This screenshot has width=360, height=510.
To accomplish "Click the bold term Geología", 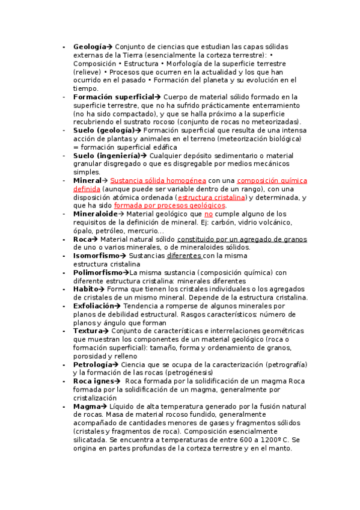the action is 90,46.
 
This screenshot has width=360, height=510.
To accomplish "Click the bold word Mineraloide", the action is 96,214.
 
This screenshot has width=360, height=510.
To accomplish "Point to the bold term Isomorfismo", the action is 97,256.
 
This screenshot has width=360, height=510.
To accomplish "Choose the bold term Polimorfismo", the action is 98,272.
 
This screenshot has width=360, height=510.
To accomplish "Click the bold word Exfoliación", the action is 94,306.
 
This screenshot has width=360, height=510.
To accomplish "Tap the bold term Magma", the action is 87,406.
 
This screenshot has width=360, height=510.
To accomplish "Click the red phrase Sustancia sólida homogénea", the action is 158,180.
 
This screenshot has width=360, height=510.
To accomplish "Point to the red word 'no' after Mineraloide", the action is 209,214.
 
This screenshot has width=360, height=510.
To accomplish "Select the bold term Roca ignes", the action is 94,381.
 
